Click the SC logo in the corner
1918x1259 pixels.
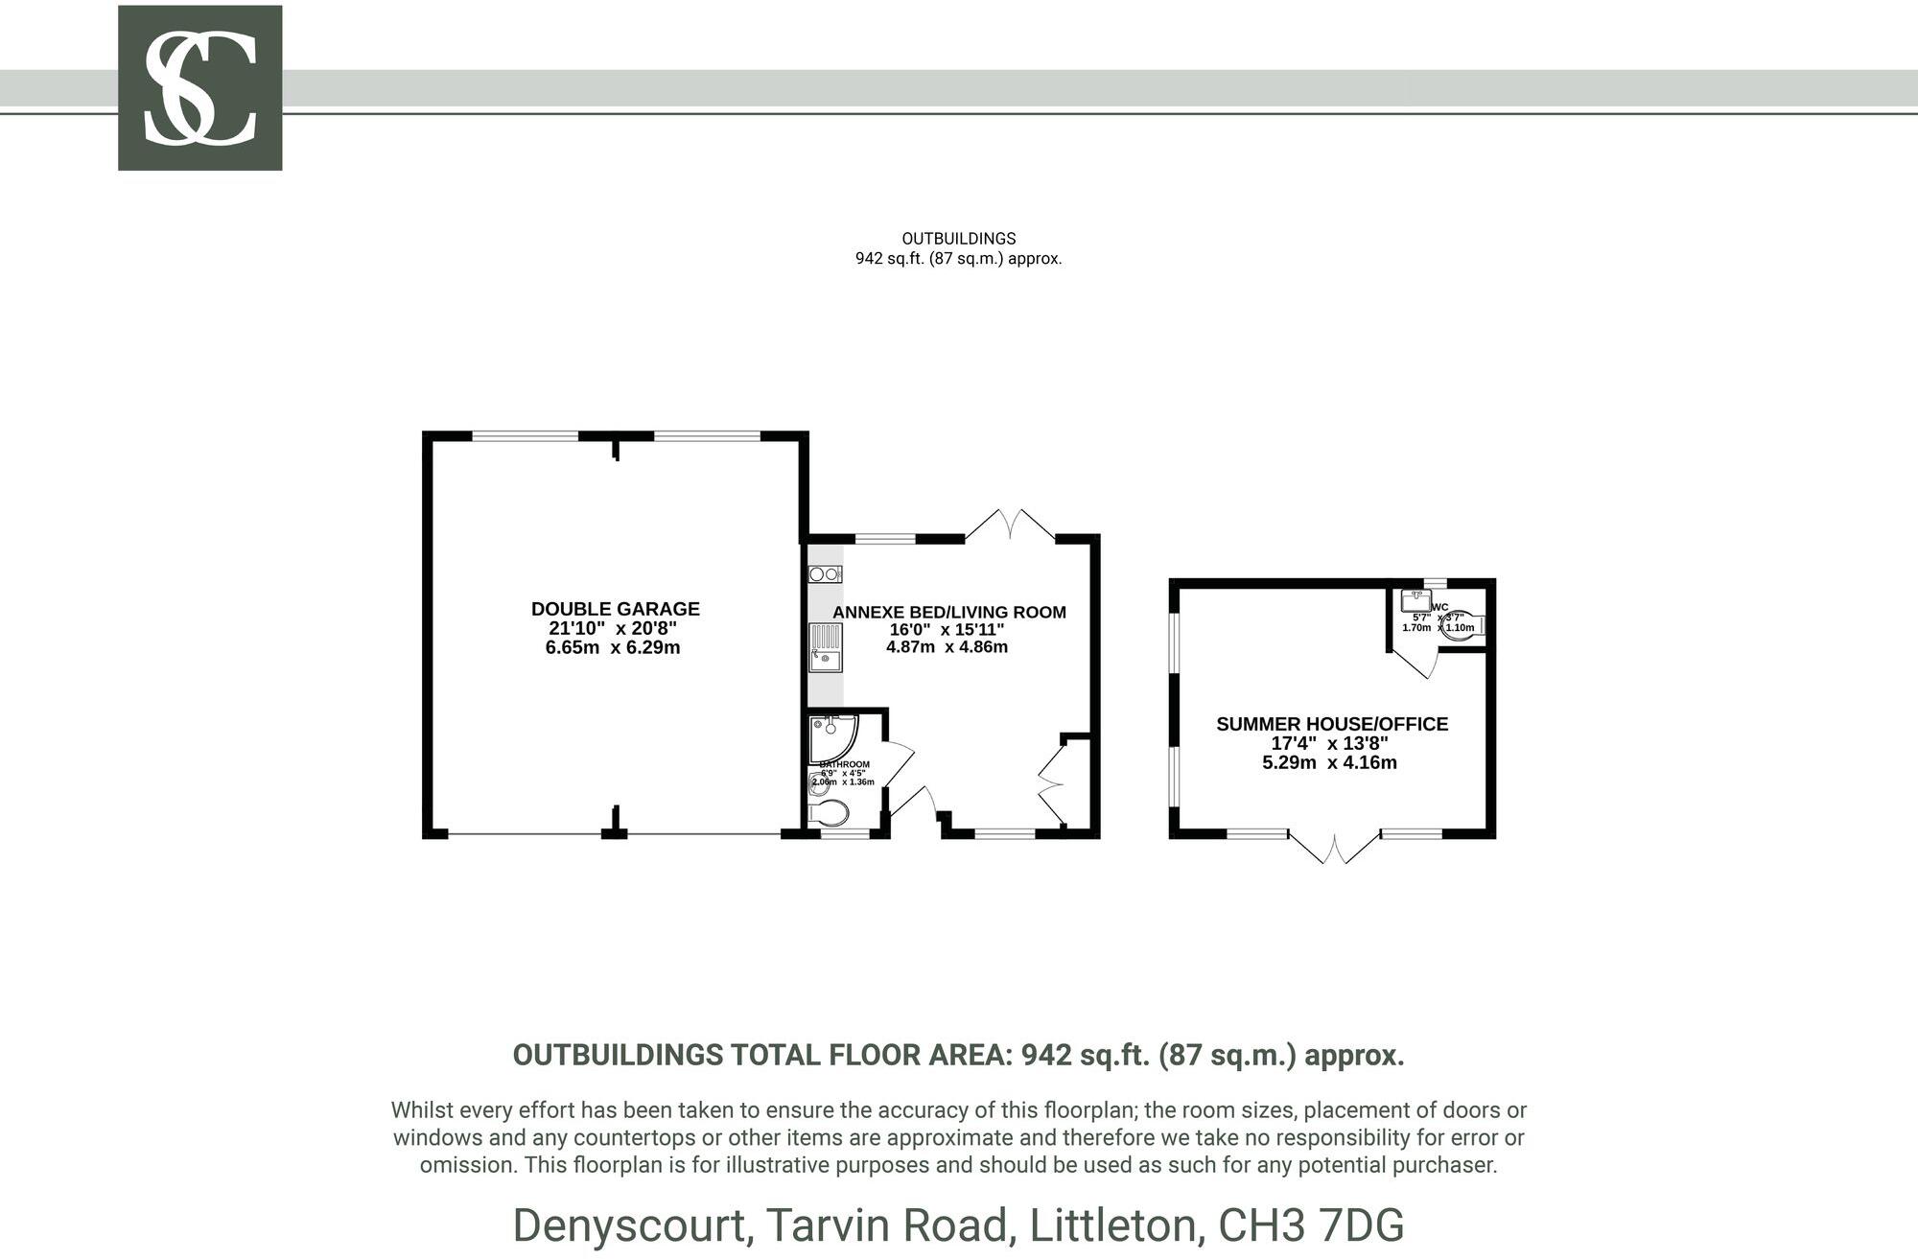pos(199,88)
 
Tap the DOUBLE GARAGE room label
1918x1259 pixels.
pos(615,609)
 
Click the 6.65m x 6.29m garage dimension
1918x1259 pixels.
pos(613,647)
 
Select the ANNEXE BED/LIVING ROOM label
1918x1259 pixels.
pos(948,613)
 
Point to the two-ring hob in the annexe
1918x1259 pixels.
pos(825,574)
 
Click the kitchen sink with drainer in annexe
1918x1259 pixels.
pos(825,648)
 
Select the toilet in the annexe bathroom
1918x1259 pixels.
pos(830,813)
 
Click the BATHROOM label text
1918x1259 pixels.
pos(845,764)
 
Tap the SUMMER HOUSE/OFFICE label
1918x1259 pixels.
pos(1332,724)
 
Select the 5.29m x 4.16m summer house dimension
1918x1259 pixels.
pos(1329,763)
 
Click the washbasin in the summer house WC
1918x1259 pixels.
pos(1415,601)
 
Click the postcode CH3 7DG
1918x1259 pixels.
pos(1311,1225)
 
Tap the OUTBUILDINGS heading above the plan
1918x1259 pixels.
pos(958,239)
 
